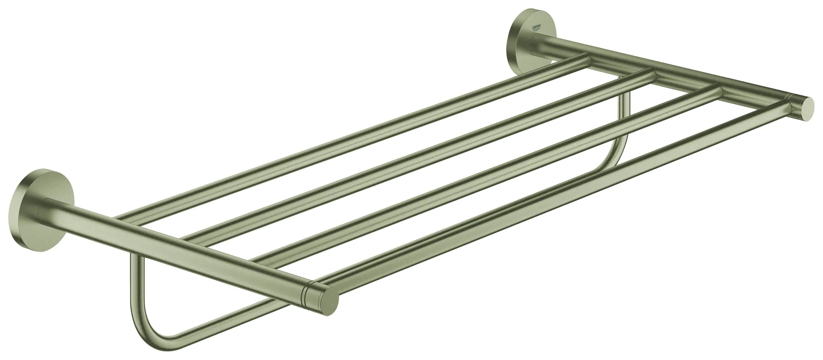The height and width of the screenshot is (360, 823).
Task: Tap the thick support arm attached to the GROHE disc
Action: point(658,66)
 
